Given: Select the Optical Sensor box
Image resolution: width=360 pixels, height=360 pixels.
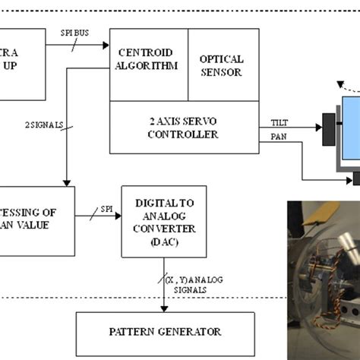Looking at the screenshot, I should point(220,65).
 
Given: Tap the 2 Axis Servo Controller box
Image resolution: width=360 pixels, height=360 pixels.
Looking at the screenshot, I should point(185,127).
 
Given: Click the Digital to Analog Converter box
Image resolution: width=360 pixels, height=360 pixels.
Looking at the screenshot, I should point(163,220).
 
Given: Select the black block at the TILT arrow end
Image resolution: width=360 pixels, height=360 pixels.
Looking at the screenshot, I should point(329,127).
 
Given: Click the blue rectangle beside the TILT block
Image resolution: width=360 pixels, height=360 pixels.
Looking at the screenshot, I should point(351,129).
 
